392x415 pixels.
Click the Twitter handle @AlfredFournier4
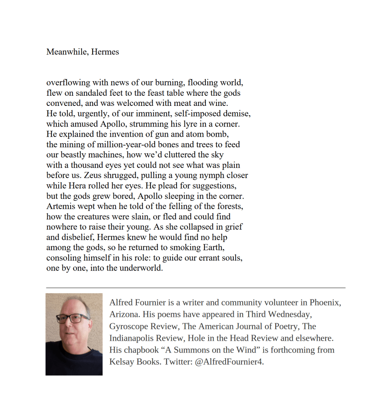point(229,362)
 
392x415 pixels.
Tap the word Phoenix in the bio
point(325,303)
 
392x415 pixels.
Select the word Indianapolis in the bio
point(133,338)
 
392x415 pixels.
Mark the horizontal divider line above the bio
point(196,288)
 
